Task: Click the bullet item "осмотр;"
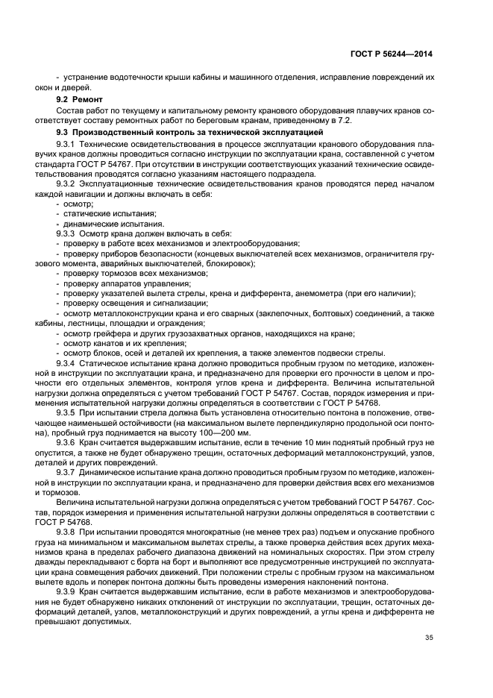click(77, 204)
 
